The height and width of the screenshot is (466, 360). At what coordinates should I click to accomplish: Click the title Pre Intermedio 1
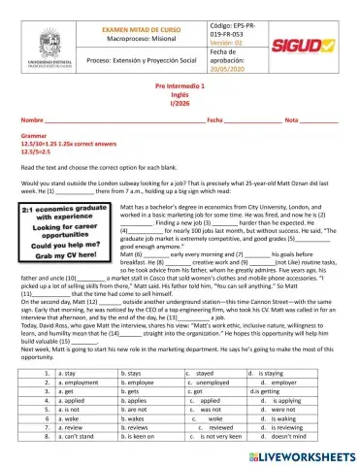click(180, 113)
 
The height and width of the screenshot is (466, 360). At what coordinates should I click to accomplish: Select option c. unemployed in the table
click(213, 383)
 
